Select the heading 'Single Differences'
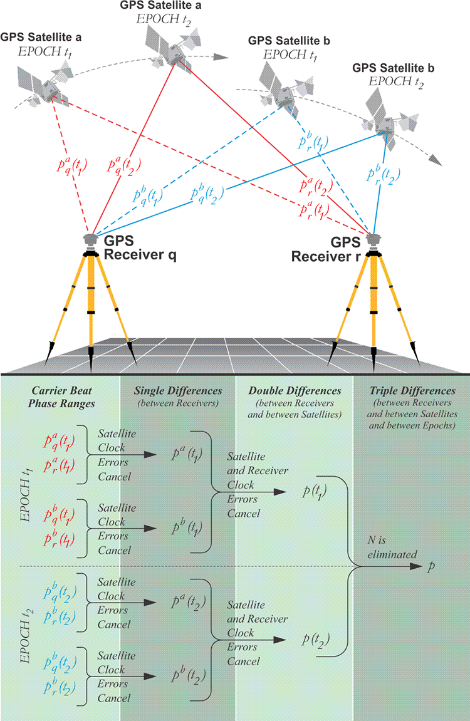pyautogui.click(x=176, y=391)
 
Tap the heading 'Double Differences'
pyautogui.click(x=295, y=391)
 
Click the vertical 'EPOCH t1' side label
pyautogui.click(x=27, y=484)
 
